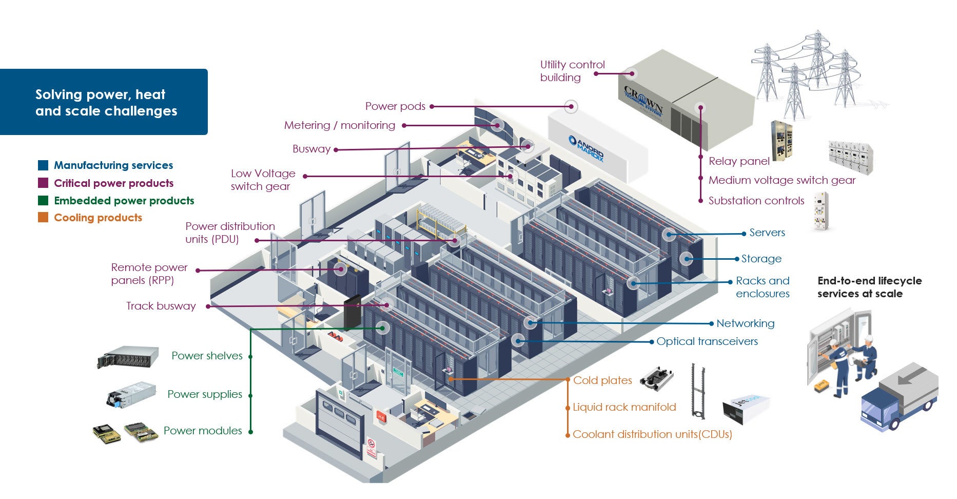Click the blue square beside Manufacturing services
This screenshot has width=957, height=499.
coord(43,165)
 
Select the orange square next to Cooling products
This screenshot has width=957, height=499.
coord(43,218)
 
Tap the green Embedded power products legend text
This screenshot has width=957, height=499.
coord(124,201)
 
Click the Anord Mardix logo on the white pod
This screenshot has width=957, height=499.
coord(586,148)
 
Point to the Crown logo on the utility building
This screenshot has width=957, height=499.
coord(643,102)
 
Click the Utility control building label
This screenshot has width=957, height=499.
coord(572,71)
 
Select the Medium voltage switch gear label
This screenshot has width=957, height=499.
coord(782,180)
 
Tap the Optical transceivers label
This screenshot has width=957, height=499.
coord(707,341)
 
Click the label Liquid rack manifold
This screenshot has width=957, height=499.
coord(624,407)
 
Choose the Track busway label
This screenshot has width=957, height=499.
coord(161,306)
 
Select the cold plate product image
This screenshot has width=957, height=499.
coord(656,378)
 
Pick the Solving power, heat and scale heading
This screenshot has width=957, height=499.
coord(106,103)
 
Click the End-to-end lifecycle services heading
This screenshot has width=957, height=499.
coord(869,287)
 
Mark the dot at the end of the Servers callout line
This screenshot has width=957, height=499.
coord(744,234)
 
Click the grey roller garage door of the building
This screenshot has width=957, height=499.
coord(339,423)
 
